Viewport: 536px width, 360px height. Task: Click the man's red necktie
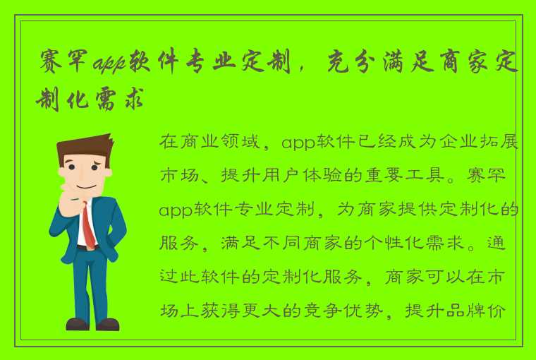88,224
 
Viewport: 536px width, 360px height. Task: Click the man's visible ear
108,170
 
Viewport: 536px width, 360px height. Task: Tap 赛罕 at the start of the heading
65,66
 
